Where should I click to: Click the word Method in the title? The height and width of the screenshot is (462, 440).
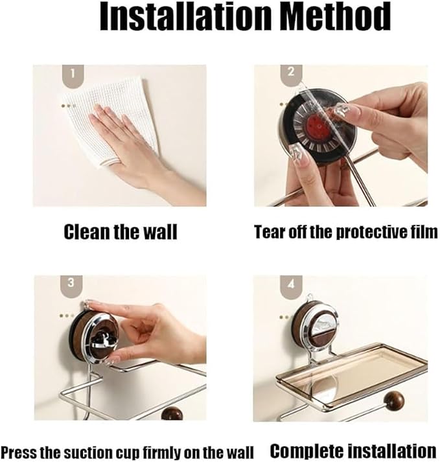pyautogui.click(x=338, y=18)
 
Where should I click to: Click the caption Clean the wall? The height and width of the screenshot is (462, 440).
pyautogui.click(x=120, y=232)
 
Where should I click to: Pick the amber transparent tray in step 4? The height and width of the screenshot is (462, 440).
pyautogui.click(x=350, y=369)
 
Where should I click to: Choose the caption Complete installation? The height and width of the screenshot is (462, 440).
pyautogui.click(x=353, y=450)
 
